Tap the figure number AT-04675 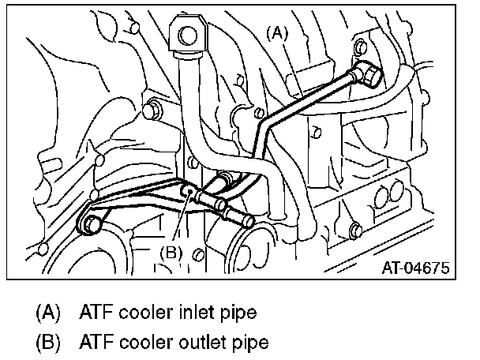coord(416,268)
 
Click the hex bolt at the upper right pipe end coord(368,77)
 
